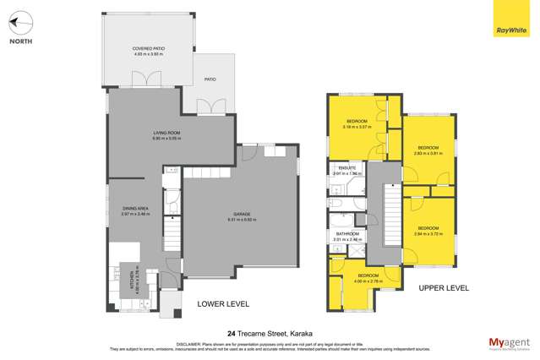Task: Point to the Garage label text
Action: click(x=242, y=218)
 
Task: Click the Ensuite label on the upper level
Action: click(x=347, y=169)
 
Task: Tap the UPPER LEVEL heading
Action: click(x=444, y=288)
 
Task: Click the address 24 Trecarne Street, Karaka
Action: click(x=270, y=333)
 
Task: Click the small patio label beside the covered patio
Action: click(x=210, y=79)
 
